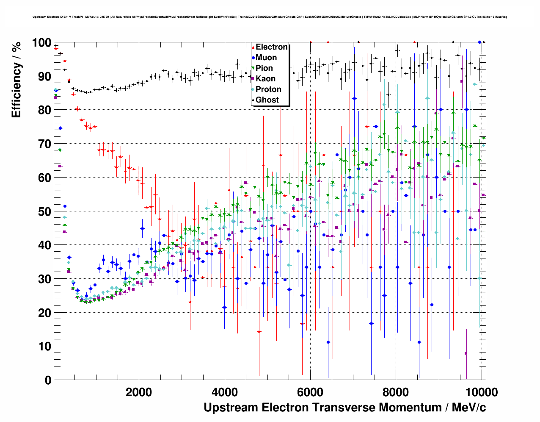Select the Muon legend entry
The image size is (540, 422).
[x=266, y=58]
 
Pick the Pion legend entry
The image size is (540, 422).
[x=264, y=68]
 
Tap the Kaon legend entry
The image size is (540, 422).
[x=265, y=79]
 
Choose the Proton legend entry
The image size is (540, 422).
[x=268, y=89]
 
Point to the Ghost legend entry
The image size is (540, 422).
[x=267, y=100]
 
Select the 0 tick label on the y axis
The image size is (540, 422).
[x=48, y=380]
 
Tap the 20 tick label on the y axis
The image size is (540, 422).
[x=44, y=313]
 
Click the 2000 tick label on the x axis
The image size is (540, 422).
[x=139, y=392]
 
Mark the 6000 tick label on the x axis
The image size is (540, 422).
[x=310, y=392]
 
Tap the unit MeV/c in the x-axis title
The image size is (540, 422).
[x=469, y=408]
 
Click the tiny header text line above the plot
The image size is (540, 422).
[x=270, y=17]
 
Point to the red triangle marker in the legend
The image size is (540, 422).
[x=253, y=47]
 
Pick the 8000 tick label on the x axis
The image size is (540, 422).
[x=396, y=392]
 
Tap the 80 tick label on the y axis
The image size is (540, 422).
[x=44, y=110]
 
